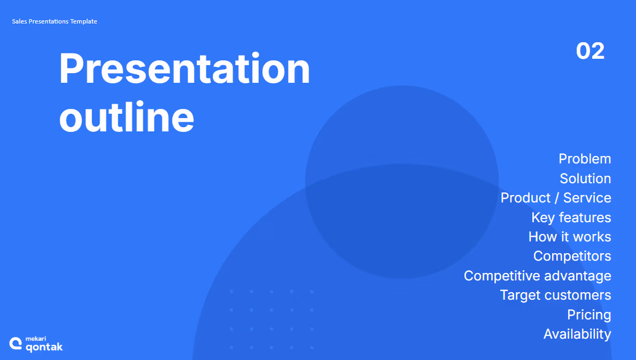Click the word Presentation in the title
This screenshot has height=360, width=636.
184,68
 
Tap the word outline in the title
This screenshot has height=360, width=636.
127,117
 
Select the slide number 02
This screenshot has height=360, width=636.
590,51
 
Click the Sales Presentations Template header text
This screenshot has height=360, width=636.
55,21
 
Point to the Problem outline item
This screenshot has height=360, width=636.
585,159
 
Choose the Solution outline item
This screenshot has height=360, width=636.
585,178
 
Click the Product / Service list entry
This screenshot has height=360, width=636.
556,198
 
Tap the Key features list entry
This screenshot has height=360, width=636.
571,218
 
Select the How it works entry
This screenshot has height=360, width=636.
570,237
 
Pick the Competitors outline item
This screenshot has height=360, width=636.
572,256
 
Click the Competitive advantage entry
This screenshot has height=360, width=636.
538,276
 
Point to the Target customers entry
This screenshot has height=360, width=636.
555,295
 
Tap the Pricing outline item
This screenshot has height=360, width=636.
589,315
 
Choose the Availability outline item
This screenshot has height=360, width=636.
577,334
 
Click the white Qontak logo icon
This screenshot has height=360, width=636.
15,343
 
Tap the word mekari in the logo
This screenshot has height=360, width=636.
36,339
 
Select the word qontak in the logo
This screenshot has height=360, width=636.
44,347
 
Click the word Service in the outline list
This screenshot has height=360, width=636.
587,198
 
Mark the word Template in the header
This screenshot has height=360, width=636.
83,21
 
